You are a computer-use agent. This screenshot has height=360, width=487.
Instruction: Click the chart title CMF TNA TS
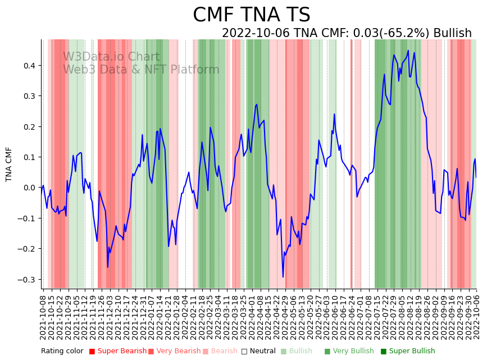coord(251,15)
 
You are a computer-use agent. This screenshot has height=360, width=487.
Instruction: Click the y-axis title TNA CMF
coord(9,164)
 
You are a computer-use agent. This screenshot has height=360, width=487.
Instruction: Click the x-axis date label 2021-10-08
coord(43,317)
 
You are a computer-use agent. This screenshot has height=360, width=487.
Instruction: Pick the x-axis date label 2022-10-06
coord(477,317)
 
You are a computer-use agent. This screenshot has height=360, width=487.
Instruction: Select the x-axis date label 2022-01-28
coord(175,317)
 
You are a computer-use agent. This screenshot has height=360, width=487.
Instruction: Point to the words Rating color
coord(62,352)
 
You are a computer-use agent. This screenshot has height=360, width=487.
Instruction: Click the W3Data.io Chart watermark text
coord(111,57)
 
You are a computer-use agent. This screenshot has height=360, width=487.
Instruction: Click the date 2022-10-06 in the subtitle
coord(256,33)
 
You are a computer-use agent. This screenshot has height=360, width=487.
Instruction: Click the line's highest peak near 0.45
coord(408,51)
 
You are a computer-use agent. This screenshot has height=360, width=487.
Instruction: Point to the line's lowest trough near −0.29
coord(283,276)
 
